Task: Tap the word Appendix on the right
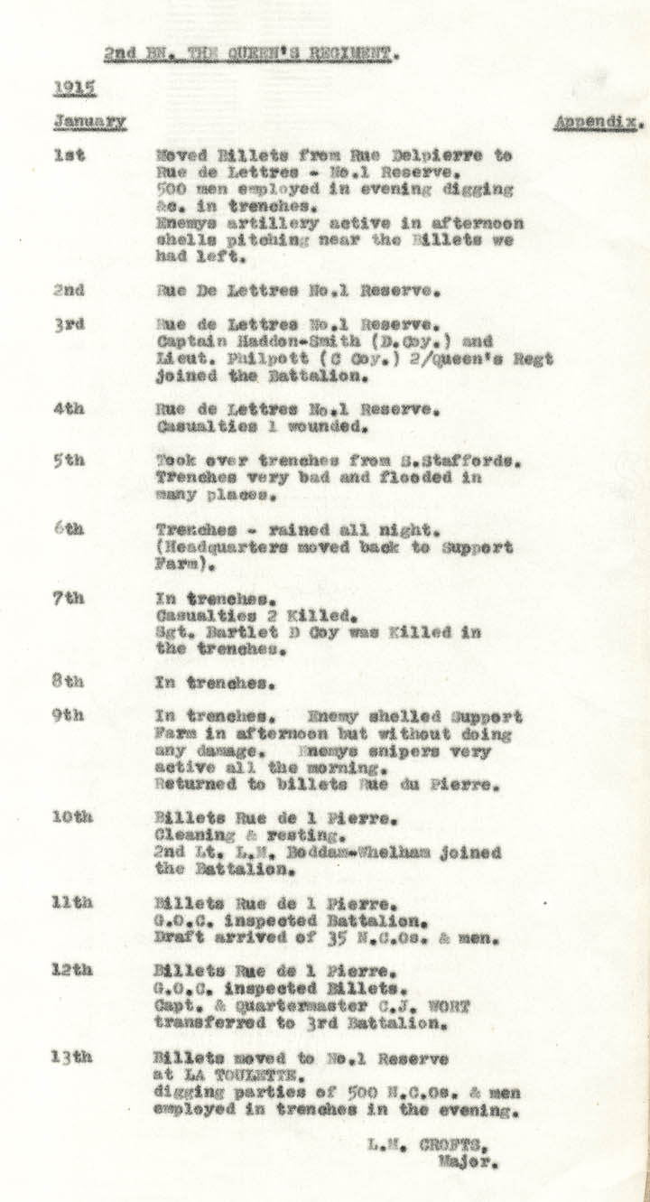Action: [x=599, y=121]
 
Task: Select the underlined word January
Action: [x=89, y=120]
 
